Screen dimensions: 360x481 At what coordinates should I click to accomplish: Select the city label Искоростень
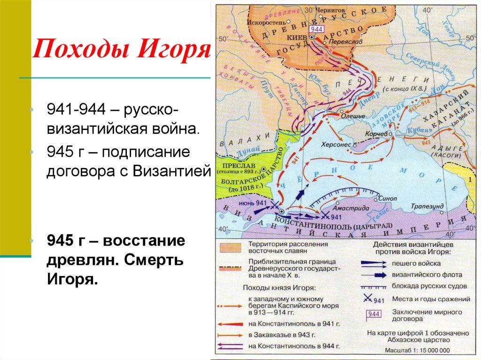[266, 22]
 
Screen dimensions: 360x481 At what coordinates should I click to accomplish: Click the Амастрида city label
[348, 207]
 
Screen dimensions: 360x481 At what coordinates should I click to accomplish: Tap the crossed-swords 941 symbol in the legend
[372, 299]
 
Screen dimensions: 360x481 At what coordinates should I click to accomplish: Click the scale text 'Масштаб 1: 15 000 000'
[411, 350]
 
